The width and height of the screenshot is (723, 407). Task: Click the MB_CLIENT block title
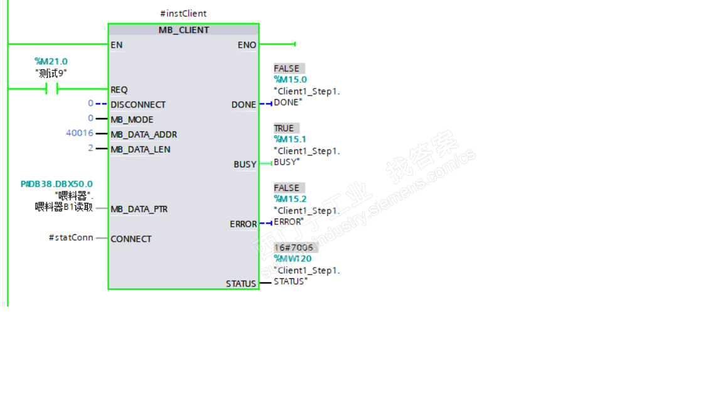pos(183,30)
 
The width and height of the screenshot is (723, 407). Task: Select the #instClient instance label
pos(183,13)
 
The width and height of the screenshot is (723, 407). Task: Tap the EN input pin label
pos(117,45)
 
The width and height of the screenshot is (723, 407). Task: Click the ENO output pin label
pos(247,45)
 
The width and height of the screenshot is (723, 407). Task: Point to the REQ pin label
pos(119,90)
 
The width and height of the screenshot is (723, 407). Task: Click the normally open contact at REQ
pos(51,89)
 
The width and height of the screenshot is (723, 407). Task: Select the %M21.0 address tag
pos(51,61)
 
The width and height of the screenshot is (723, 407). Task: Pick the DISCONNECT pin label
pos(138,104)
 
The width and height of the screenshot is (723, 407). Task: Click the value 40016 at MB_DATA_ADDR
pos(80,133)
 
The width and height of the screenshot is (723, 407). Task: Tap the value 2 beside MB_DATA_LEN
pos(90,148)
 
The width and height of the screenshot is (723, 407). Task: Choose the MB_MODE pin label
pos(132,119)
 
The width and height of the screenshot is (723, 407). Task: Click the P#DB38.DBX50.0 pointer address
pos(56,184)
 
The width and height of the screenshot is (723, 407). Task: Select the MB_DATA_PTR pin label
pos(139,209)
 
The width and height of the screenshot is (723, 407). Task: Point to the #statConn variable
pos(70,237)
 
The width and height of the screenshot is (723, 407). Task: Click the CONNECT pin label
pos(131,239)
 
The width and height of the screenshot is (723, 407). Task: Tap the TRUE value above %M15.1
pos(284,128)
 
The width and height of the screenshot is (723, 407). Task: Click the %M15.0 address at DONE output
pos(291,80)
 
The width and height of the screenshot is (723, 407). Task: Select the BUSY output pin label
pos(245,164)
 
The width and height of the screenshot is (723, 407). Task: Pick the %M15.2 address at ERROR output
pos(291,199)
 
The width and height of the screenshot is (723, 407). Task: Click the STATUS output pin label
pos(241,284)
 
